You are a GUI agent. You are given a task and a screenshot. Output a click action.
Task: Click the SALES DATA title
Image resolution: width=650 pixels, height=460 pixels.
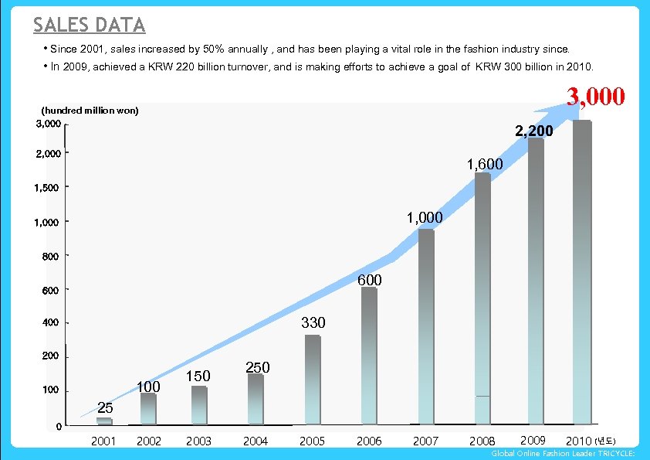[89, 26]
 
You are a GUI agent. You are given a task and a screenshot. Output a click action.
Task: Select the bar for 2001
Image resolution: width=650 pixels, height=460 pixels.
[104, 422]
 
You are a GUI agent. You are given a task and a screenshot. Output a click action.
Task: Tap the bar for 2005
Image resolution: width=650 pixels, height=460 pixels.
[312, 380]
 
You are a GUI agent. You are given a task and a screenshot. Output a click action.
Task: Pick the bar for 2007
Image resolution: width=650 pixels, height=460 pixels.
[426, 326]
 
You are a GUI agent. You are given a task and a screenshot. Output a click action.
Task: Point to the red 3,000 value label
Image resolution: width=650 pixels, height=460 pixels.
[595, 97]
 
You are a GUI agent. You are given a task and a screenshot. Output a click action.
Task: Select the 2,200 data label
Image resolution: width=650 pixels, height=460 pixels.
[533, 131]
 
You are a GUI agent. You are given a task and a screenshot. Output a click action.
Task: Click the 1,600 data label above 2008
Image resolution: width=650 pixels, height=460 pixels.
[485, 165]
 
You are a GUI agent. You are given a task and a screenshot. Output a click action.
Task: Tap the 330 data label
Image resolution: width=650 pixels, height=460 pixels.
[313, 322]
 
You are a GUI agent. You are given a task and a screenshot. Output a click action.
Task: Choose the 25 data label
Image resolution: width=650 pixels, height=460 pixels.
[105, 407]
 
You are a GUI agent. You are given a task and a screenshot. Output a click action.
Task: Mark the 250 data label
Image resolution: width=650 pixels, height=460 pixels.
[257, 368]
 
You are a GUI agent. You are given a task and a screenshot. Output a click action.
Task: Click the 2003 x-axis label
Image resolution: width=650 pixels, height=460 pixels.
[198, 441]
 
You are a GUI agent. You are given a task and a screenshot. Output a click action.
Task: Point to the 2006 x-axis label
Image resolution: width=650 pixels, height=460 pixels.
[369, 441]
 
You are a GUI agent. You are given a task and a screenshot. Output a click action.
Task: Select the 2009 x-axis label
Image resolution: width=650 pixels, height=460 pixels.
[533, 441]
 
